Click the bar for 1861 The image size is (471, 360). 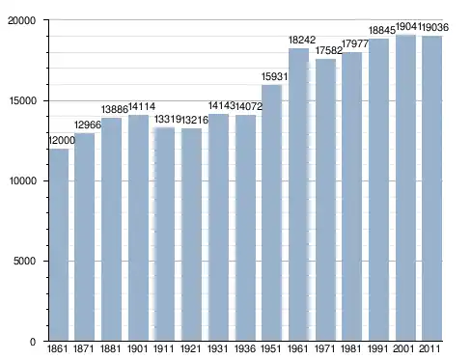[x=59, y=244]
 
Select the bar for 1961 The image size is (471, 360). [x=298, y=195]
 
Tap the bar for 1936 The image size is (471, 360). [x=245, y=228]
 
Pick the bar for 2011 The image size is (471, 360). [x=432, y=188]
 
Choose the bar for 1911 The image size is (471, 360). [x=165, y=234]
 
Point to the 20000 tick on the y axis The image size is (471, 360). [x=46, y=20]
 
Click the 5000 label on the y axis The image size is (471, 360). [x=24, y=261]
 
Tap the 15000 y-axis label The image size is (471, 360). [x=22, y=100]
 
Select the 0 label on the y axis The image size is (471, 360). [x=33, y=342]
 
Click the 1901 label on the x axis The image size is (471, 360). [x=137, y=348]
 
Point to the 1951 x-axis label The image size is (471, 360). [x=271, y=348]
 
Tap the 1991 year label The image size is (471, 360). [x=378, y=348]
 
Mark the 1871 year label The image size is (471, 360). [x=84, y=348]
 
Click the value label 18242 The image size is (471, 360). [x=302, y=40]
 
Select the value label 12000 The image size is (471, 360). [x=62, y=140]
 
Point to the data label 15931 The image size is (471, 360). [x=274, y=76]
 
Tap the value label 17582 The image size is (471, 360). [x=329, y=50]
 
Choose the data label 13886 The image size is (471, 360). [x=115, y=109]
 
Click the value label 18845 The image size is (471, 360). [x=382, y=30]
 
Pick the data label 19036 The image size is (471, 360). [x=435, y=27]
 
